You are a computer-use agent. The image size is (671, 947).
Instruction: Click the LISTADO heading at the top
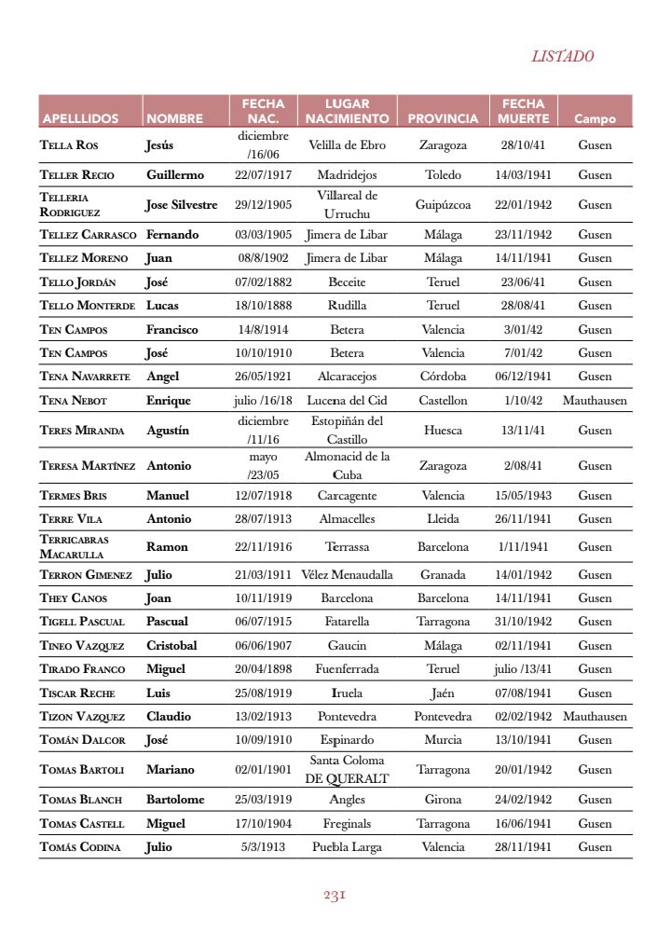pyautogui.click(x=562, y=56)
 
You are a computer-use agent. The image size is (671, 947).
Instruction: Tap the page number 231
pyautogui.click(x=335, y=895)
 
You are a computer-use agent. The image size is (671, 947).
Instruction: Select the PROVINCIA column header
pyautogui.click(x=443, y=118)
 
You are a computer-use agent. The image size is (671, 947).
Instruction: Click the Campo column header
pyautogui.click(x=595, y=118)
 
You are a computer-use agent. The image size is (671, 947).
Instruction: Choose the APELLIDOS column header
pyautogui.click(x=80, y=118)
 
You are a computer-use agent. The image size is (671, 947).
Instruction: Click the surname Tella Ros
pyautogui.click(x=69, y=145)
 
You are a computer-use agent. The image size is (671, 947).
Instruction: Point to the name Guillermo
pyautogui.click(x=175, y=174)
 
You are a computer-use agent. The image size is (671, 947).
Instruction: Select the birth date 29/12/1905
pyautogui.click(x=263, y=204)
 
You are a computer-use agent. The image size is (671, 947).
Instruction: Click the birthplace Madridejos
pyautogui.click(x=347, y=174)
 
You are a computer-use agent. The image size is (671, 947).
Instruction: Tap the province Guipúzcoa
pyautogui.click(x=443, y=204)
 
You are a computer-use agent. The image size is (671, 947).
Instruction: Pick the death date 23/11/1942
pyautogui.click(x=523, y=234)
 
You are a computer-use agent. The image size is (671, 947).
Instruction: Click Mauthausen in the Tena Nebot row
pyautogui.click(x=595, y=400)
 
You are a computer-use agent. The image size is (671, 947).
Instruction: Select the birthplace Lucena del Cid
pyautogui.click(x=347, y=400)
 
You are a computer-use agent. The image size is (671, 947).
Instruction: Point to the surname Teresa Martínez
pyautogui.click(x=88, y=465)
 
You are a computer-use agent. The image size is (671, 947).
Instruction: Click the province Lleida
pyautogui.click(x=443, y=518)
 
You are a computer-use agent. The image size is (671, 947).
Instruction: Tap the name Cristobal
pyautogui.click(x=171, y=645)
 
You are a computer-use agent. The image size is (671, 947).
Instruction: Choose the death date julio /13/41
pyautogui.click(x=523, y=668)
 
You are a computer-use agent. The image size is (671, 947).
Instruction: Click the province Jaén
pyautogui.click(x=443, y=693)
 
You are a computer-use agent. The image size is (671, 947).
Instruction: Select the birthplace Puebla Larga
pyautogui.click(x=347, y=846)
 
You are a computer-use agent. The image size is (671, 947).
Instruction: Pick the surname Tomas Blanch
pyautogui.click(x=81, y=799)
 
